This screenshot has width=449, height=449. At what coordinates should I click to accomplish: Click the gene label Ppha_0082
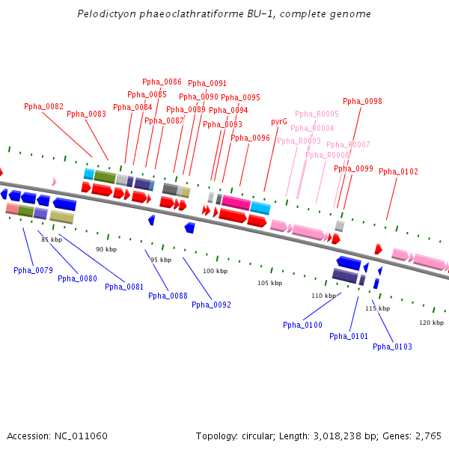coord(43,106)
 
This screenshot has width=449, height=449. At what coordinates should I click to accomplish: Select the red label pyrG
coord(279,121)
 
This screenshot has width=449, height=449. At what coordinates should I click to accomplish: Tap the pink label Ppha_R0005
coord(317,114)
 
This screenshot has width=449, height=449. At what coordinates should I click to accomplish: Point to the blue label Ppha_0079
coord(33,270)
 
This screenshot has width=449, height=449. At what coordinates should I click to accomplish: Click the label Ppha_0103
coord(392,346)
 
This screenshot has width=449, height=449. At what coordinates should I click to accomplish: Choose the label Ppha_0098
coord(362,101)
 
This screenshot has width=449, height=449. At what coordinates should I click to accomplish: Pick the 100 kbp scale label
coord(215,271)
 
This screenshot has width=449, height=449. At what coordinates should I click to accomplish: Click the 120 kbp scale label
coord(431,323)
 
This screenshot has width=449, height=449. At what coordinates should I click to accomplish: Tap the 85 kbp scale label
coord(52,239)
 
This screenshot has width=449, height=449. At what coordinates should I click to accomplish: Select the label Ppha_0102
coord(398,171)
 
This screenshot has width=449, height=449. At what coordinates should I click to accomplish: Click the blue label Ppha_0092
coord(211,305)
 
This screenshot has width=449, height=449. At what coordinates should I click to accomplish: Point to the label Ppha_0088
coord(168,296)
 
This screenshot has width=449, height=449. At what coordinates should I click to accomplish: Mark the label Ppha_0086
coord(162,82)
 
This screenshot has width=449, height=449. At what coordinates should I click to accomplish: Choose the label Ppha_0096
coord(250,138)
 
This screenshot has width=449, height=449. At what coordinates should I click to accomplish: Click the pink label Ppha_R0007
coord(348,144)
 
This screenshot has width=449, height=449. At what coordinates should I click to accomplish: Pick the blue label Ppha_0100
coord(302,325)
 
